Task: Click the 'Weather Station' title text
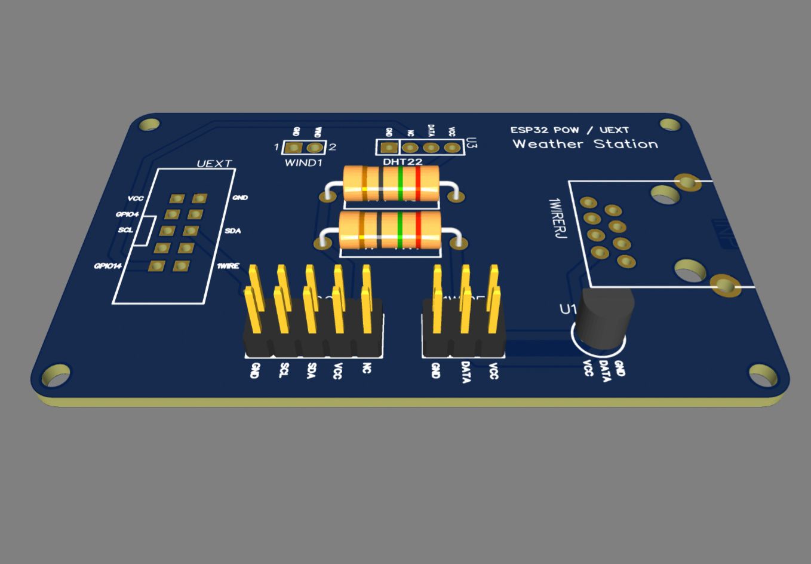(x=585, y=144)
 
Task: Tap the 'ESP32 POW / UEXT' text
(x=569, y=130)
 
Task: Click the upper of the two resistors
(x=391, y=183)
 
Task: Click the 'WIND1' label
(x=303, y=163)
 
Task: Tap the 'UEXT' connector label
(x=214, y=164)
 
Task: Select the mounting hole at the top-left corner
(x=149, y=124)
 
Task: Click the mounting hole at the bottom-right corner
(x=763, y=375)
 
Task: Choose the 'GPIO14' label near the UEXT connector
(x=107, y=266)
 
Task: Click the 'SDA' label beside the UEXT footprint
(x=233, y=231)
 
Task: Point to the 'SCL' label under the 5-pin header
(x=284, y=370)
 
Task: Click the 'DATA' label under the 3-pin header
(x=466, y=372)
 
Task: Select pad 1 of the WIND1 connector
(x=293, y=148)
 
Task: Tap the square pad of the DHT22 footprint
(x=389, y=147)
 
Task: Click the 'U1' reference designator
(x=567, y=309)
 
